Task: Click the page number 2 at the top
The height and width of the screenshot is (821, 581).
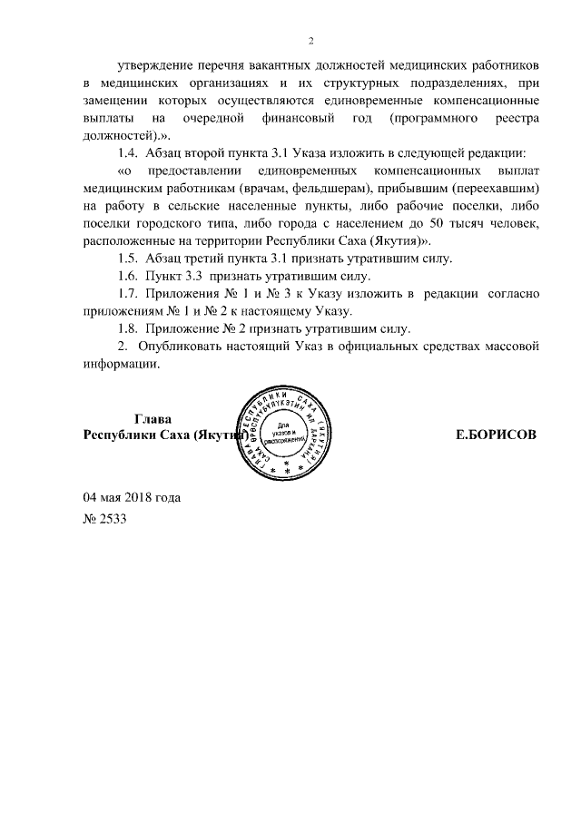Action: point(310,41)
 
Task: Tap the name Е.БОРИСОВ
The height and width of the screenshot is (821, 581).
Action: point(495,435)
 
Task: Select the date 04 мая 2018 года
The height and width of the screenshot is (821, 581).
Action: point(132,497)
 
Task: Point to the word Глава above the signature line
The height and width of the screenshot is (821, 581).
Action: point(153,419)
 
